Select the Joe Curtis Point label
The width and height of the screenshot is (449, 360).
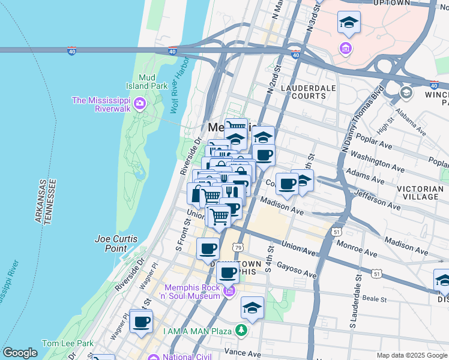[116, 243]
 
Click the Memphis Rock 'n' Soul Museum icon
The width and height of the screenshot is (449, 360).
[228, 292]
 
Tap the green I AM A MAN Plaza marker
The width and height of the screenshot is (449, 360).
[241, 330]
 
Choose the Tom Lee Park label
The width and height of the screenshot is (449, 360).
[68, 344]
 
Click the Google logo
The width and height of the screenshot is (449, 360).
[20, 353]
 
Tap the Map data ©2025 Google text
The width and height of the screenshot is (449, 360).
[412, 355]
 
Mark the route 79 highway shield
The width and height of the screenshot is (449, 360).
[238, 247]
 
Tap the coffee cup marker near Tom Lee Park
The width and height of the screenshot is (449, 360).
[141, 322]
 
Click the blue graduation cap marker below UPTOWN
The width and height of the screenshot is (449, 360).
[349, 23]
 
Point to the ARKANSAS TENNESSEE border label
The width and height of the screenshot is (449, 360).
[47, 201]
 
